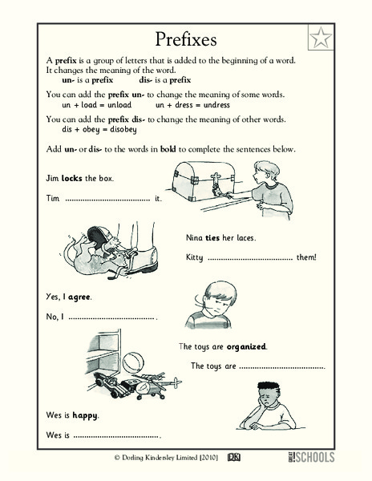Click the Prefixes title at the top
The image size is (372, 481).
click(x=186, y=39)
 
